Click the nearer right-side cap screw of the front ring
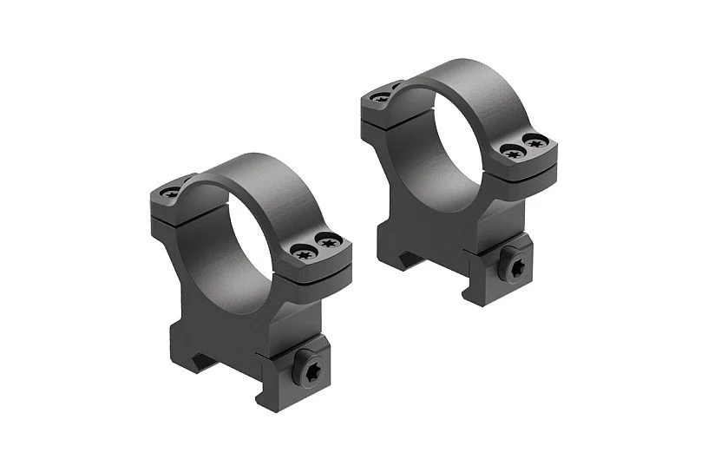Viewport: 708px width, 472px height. (305, 253)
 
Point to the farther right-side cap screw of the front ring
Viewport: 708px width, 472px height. (331, 242)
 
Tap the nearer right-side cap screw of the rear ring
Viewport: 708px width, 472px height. (511, 154)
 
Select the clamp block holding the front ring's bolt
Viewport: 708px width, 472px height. (299, 390)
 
